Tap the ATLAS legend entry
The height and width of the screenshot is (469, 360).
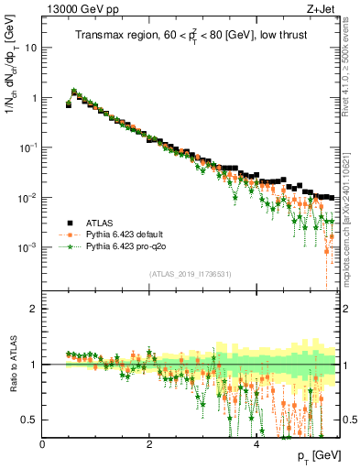102,223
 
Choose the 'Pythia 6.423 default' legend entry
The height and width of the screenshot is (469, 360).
131,234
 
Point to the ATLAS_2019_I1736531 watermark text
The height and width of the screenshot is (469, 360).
190,274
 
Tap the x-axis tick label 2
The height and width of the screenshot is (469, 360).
149,443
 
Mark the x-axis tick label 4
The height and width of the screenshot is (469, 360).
256,443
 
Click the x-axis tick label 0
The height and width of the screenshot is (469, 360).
43,443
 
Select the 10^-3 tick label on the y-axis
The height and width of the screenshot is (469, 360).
27,248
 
